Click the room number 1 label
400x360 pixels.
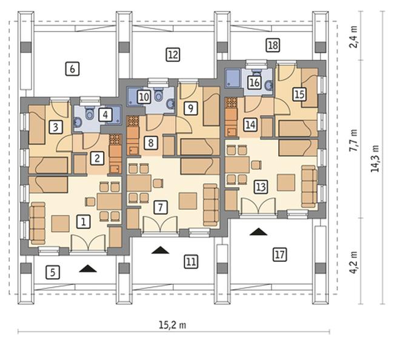pos(84,221)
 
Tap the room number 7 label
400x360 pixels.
pos(161,207)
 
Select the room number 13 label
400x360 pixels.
pos(261,187)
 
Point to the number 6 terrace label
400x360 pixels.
pos(72,68)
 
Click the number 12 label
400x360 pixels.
pos(173,55)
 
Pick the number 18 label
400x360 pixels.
pos(273,45)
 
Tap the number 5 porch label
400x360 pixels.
pos(53,272)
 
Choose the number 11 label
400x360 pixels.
pos(191,262)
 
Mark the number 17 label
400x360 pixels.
pos(280,255)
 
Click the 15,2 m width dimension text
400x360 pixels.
pos(173,325)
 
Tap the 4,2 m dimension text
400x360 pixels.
pos(353,262)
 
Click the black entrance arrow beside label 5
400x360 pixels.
pos(88,268)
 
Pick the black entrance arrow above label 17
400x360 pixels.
pos(258,232)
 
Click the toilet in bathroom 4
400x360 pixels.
pos(90,114)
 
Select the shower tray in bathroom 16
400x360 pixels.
pos(233,78)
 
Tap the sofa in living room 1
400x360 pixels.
pos(38,224)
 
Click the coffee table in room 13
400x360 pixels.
pos(286,182)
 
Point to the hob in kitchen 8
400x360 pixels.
pos(133,121)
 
